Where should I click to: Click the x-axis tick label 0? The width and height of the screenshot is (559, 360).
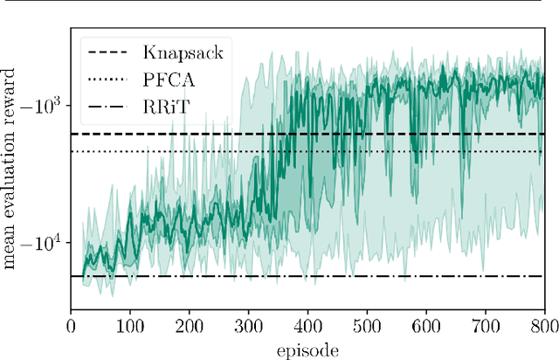coord(71,326)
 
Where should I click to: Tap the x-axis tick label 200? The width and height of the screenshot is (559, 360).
coord(189,326)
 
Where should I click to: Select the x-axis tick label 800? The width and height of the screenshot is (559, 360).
coord(542,326)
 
